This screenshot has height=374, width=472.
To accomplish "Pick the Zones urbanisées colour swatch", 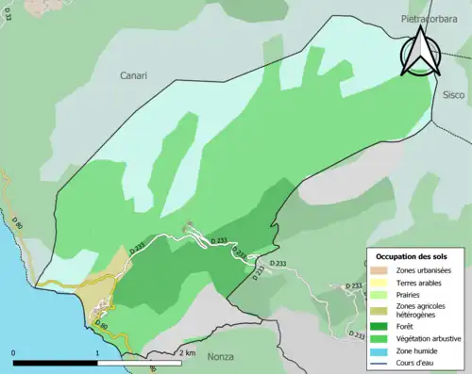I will pyautogui.click(x=380, y=270).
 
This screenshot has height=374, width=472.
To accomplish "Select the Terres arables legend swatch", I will pyautogui.click(x=380, y=283).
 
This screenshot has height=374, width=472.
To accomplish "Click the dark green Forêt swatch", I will pyautogui.click(x=380, y=325).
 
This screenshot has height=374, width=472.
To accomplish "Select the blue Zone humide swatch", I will pyautogui.click(x=380, y=350).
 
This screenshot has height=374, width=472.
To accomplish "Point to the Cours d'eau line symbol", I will pyautogui.click(x=380, y=362).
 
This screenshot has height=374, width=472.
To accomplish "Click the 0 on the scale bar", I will pyautogui.click(x=13, y=352).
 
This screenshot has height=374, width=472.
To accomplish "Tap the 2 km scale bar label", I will pyautogui.click(x=185, y=352).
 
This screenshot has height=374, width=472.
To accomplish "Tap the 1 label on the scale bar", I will pyautogui.click(x=97, y=352).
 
